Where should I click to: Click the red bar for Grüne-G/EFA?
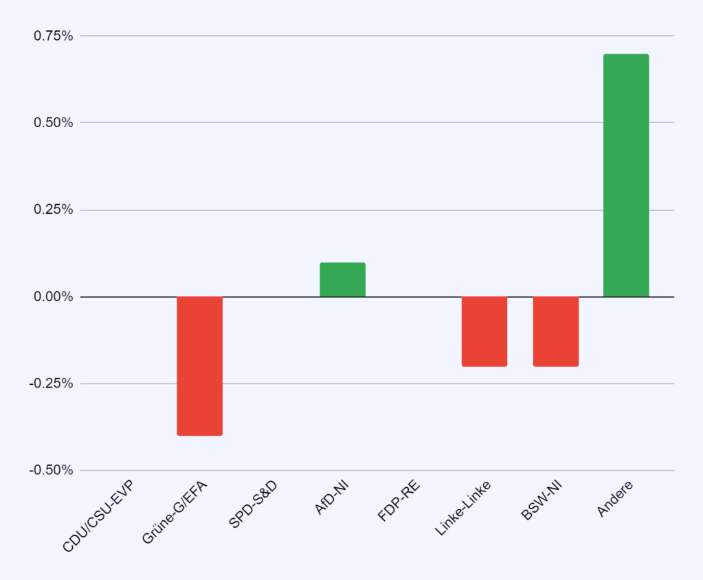click(199, 366)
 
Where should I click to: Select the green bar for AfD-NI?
click(342, 280)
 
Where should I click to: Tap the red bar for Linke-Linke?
click(484, 331)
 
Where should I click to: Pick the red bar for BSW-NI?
click(555, 331)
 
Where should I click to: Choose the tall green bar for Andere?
click(626, 175)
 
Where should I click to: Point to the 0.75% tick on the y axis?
click(54, 36)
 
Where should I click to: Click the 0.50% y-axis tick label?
click(54, 122)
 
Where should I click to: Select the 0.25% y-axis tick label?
click(54, 210)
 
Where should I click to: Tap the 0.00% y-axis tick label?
click(54, 297)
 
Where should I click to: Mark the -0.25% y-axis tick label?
click(51, 383)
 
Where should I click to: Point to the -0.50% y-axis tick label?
click(51, 471)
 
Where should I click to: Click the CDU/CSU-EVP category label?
click(98, 517)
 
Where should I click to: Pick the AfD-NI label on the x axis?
click(331, 498)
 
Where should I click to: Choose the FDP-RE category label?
click(399, 501)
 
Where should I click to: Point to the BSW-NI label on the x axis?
click(542, 502)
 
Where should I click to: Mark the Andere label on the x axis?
click(615, 498)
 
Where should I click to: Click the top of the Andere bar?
click(626, 55)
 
